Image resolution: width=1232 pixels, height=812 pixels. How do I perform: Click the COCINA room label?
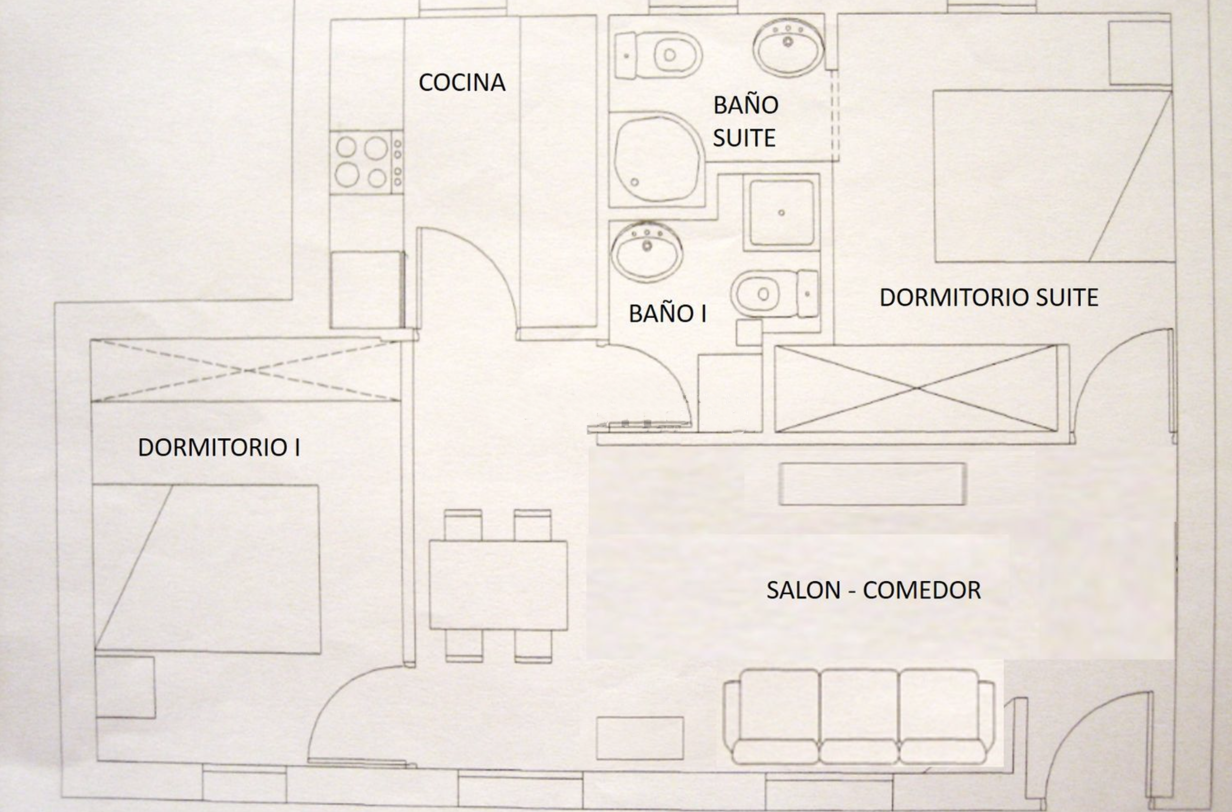[462, 83]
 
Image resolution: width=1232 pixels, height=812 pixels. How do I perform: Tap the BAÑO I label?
[667, 314]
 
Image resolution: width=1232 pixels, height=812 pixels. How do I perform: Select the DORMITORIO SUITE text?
[989, 297]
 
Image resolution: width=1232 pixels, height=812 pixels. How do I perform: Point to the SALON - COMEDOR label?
[873, 591]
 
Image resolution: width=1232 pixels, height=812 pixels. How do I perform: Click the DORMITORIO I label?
[219, 447]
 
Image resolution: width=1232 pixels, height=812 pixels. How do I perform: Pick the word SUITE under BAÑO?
[744, 138]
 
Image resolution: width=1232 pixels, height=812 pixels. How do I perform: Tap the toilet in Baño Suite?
[658, 54]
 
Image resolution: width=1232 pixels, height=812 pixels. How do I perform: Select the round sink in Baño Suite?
[788, 48]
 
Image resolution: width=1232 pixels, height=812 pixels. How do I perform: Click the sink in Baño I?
[647, 252]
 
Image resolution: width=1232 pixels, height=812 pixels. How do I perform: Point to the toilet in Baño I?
[774, 294]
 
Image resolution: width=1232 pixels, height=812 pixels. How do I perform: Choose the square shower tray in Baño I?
[782, 212]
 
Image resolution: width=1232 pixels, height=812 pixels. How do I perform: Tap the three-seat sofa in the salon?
[859, 717]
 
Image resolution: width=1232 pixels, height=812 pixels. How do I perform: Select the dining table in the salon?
[498, 585]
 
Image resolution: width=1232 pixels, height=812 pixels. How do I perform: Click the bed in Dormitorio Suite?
[1053, 176]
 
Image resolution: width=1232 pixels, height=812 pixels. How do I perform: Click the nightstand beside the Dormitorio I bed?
[125, 687]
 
